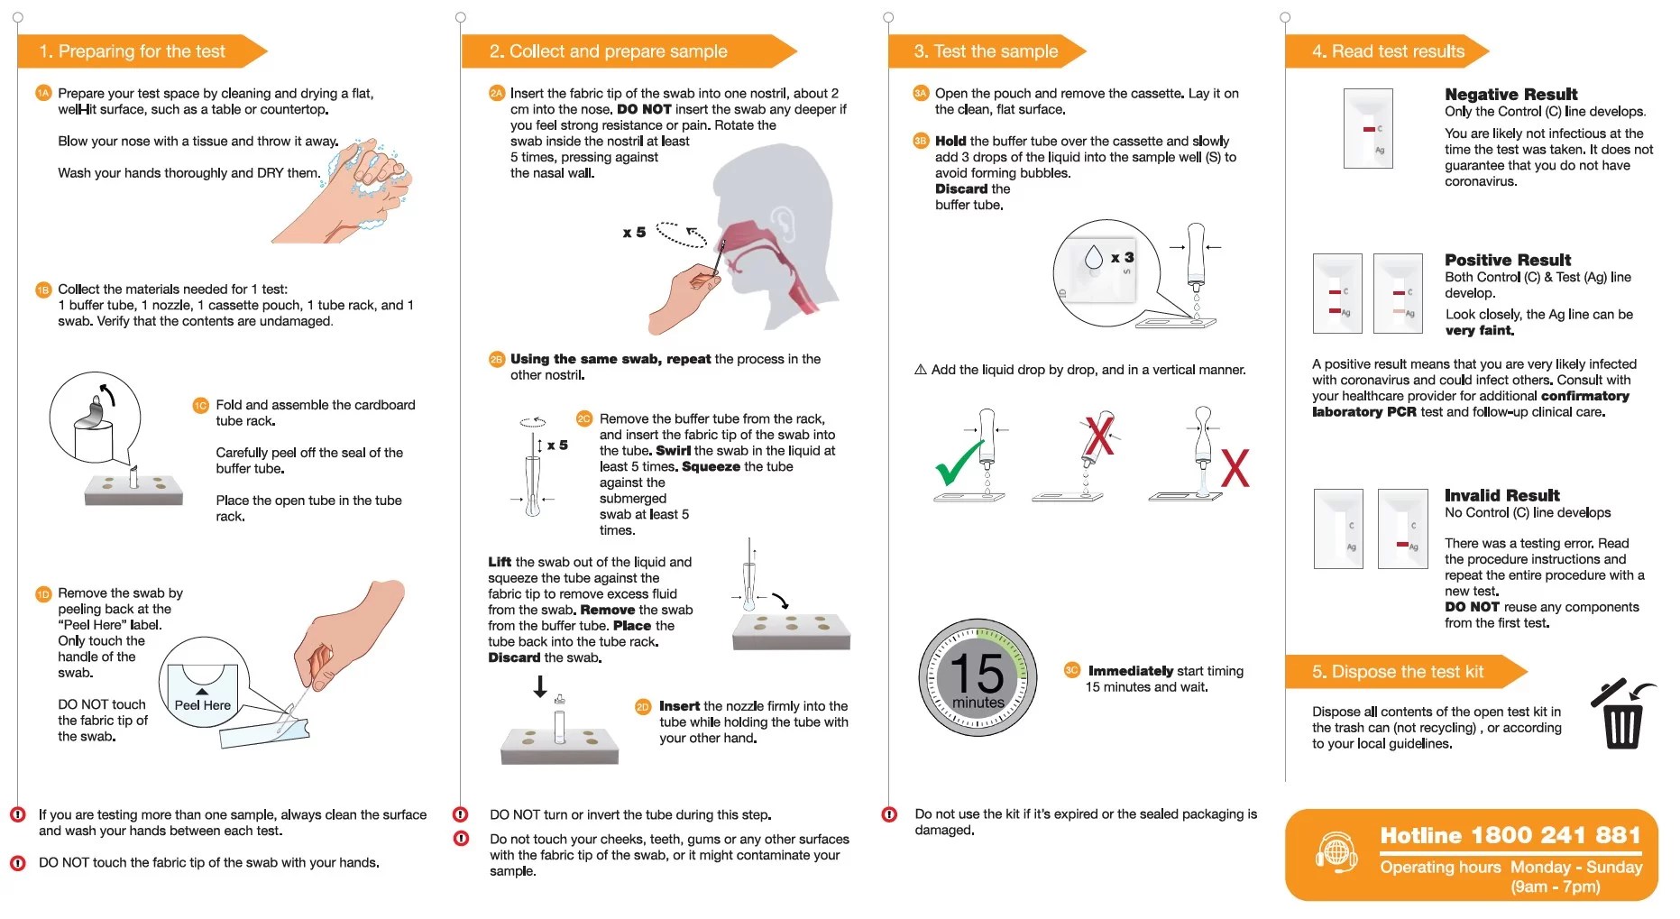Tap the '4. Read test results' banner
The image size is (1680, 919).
[1387, 51]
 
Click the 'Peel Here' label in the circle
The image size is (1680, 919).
[202, 705]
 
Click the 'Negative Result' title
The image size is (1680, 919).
[1510, 94]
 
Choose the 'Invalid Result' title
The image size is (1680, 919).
[1501, 495]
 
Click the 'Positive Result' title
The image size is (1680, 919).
[1507, 260]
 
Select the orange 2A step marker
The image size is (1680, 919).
[496, 93]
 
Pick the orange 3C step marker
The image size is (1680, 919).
[1071, 670]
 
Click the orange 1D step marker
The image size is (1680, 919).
[43, 593]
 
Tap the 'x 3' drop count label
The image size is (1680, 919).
[1122, 258]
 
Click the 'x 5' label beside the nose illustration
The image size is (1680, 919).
[634, 233]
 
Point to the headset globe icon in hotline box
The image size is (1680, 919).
[1336, 851]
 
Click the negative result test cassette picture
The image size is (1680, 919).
[1367, 128]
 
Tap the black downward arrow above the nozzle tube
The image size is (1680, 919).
[539, 687]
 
